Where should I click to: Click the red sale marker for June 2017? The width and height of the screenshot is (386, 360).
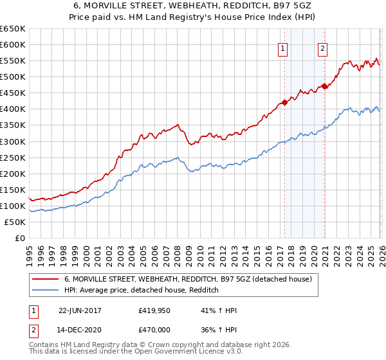(x=284, y=102)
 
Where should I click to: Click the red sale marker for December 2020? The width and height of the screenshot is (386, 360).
(x=324, y=86)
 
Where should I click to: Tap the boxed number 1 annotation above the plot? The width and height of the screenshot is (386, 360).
(x=283, y=48)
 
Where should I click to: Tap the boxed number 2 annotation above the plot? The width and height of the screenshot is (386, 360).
(x=322, y=48)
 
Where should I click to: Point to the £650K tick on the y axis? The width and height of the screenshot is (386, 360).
(x=13, y=29)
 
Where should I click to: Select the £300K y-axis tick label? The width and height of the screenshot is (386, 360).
(x=13, y=141)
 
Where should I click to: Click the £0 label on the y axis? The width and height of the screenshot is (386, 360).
(x=19, y=239)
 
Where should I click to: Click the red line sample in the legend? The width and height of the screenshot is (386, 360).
(x=45, y=279)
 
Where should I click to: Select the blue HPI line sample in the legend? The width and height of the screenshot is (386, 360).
(x=45, y=291)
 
